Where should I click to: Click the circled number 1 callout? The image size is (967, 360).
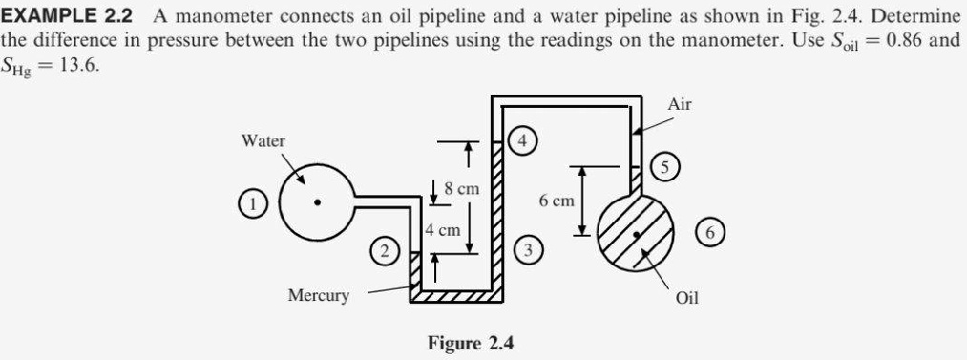click(251, 203)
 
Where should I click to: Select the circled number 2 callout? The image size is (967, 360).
click(384, 252)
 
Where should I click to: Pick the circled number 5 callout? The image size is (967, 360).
click(666, 167)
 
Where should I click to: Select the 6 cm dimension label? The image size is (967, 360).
click(557, 201)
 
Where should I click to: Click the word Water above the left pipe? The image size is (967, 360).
click(263, 140)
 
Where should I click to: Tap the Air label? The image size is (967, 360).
click(680, 104)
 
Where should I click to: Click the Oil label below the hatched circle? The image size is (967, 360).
click(686, 298)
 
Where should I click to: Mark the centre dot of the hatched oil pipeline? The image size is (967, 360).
click(635, 232)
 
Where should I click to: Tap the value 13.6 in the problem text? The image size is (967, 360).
click(79, 70)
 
